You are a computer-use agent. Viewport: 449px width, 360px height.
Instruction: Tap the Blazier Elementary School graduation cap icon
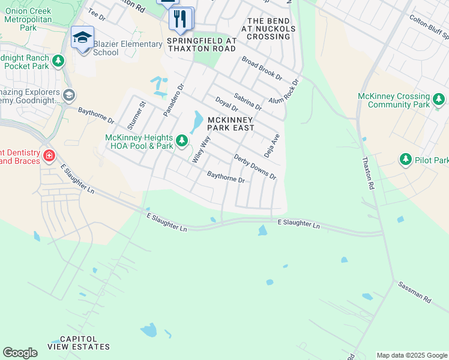[x=82, y=38]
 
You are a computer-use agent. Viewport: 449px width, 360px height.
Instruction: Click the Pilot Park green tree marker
[x=406, y=160]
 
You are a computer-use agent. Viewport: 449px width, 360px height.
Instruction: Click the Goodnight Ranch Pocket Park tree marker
[x=58, y=61]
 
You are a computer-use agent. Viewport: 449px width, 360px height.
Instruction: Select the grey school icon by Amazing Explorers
[x=69, y=95]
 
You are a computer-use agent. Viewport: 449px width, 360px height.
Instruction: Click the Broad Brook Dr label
[x=262, y=68]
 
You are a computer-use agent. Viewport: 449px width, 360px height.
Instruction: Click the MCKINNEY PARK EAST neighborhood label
[x=231, y=124]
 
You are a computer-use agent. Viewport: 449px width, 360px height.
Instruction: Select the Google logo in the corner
[x=20, y=353]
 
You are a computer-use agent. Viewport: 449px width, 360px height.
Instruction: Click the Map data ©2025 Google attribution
[x=412, y=355]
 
